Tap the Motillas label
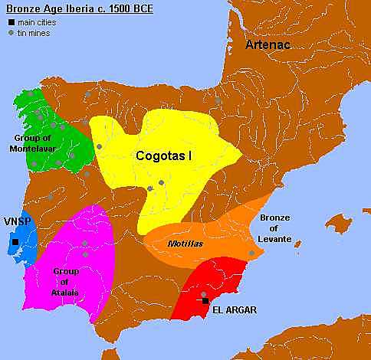tap(183, 243)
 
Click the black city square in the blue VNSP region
tap(15, 243)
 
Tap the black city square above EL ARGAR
tap(205, 301)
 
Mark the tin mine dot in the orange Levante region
tap(251, 254)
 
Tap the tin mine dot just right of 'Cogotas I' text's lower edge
tap(162, 182)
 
